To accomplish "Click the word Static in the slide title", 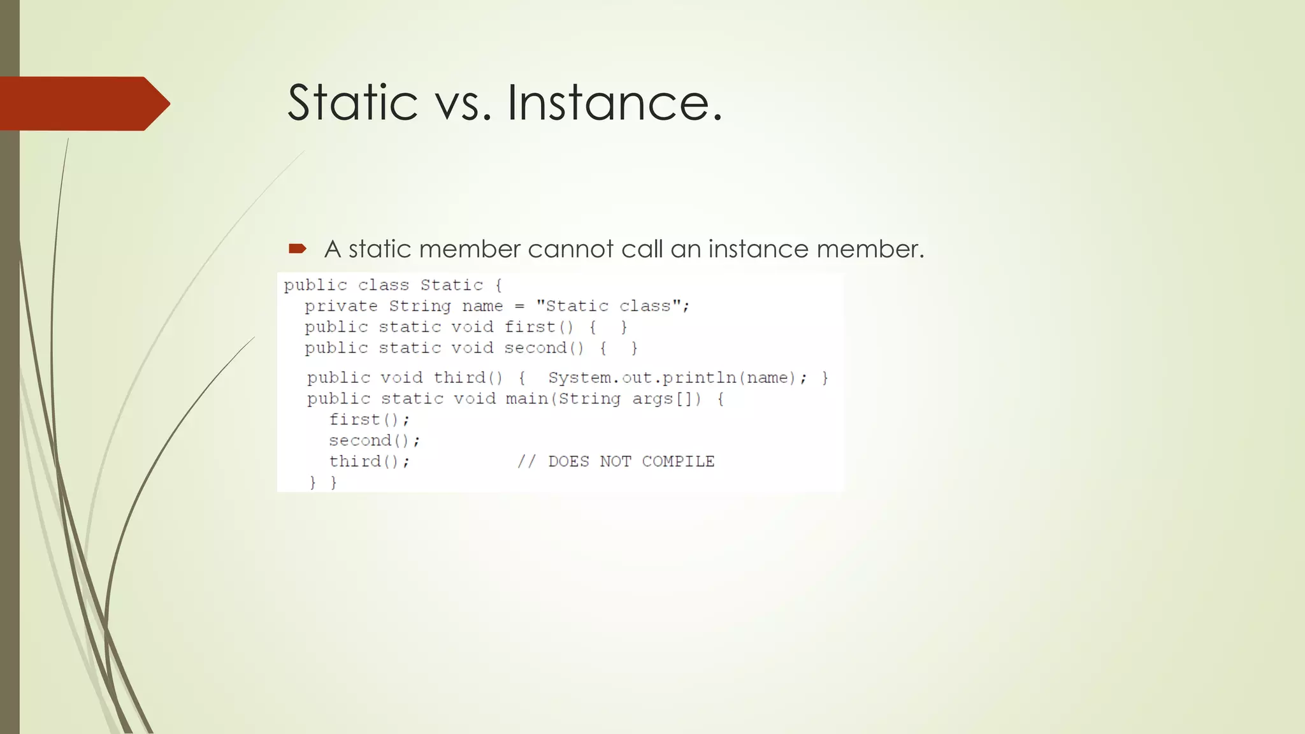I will pyautogui.click(x=352, y=103).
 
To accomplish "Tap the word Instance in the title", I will pyautogui.click(x=614, y=103).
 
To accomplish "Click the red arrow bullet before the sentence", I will pyautogui.click(x=298, y=248).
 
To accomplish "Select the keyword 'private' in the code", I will pyautogui.click(x=341, y=306).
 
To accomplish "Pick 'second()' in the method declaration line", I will pyautogui.click(x=544, y=349).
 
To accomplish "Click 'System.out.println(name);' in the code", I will pyautogui.click(x=677, y=378).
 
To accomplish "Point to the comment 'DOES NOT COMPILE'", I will pyautogui.click(x=631, y=462).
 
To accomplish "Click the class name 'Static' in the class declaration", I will pyautogui.click(x=451, y=285).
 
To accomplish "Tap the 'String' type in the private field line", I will pyautogui.click(x=420, y=306).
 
